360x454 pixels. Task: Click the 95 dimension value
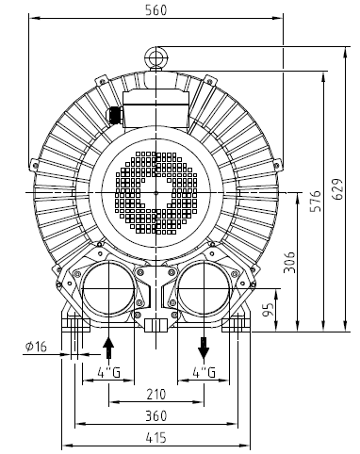(270, 310)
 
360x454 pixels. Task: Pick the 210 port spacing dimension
(156, 394)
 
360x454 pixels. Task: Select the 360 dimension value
(156, 415)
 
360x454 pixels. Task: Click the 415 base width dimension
(156, 437)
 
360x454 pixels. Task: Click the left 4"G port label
(109, 374)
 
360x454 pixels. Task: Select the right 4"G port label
(204, 374)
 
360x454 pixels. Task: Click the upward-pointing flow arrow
(109, 346)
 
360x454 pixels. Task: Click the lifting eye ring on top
(156, 57)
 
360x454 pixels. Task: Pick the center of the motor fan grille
(156, 192)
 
